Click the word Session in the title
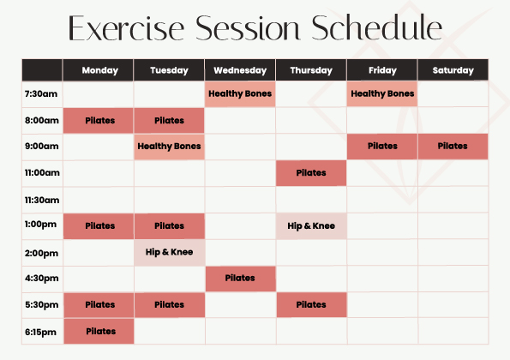(x=247, y=28)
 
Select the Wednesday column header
(x=240, y=70)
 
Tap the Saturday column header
(x=453, y=70)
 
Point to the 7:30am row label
(x=41, y=93)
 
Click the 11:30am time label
(x=42, y=200)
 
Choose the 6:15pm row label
(x=40, y=332)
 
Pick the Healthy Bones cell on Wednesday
(x=240, y=93)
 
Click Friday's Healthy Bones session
(x=382, y=93)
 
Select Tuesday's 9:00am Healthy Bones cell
(x=169, y=147)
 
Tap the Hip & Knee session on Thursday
(x=311, y=226)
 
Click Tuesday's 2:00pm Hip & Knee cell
(x=170, y=252)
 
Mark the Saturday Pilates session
(x=453, y=147)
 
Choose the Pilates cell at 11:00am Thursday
(x=311, y=173)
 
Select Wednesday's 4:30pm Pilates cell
(x=240, y=279)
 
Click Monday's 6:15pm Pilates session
(x=99, y=331)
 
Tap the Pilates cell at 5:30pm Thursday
(x=312, y=305)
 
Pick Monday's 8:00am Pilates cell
(x=99, y=121)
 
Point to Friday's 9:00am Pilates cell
(x=382, y=147)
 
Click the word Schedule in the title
(x=376, y=27)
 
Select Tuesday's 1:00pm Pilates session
(x=170, y=226)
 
